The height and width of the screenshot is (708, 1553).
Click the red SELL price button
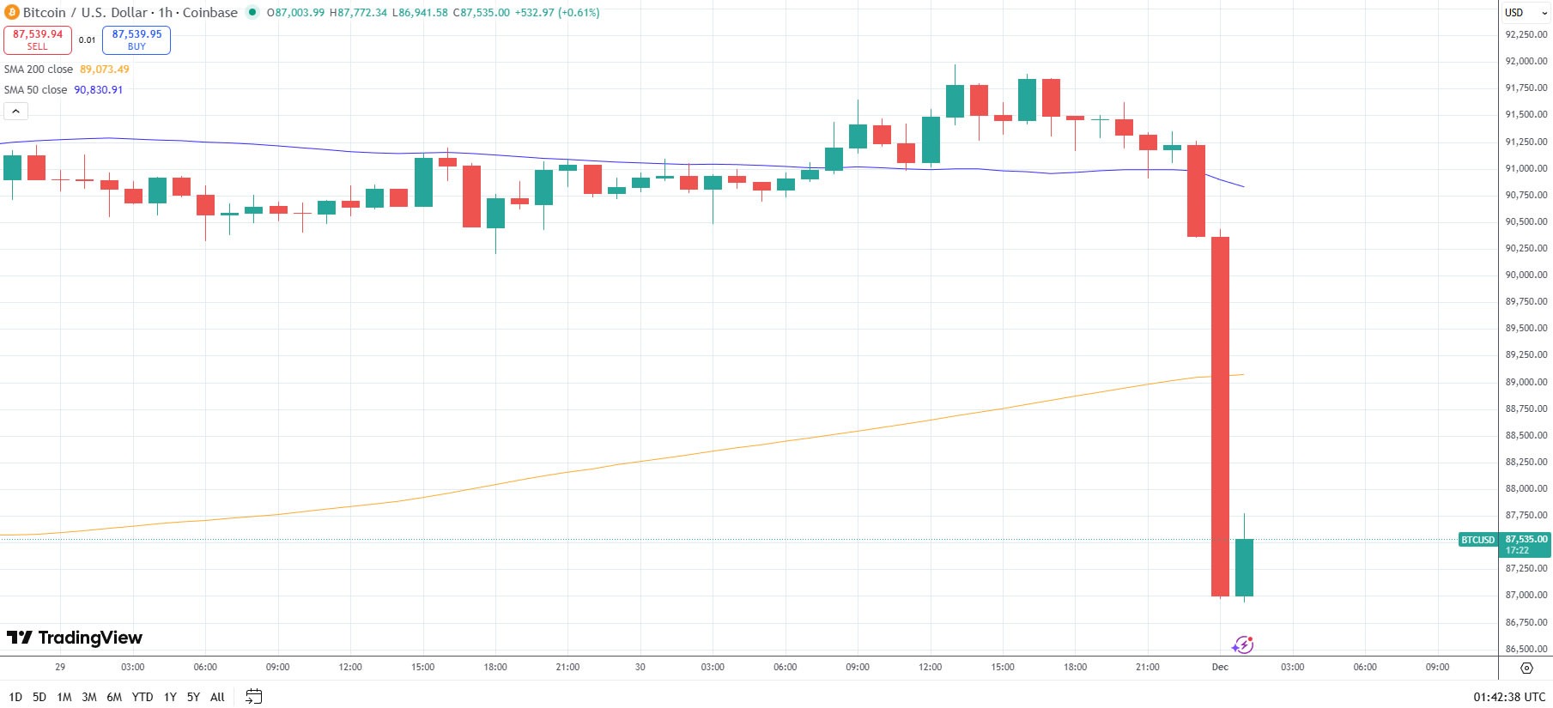[38, 39]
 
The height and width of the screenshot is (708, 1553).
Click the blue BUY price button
[136, 39]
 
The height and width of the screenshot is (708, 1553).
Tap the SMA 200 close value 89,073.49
[105, 70]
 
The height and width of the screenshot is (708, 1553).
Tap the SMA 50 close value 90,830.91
[98, 90]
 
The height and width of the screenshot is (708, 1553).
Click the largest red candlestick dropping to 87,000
[1220, 416]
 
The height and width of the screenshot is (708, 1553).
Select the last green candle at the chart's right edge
[1244, 567]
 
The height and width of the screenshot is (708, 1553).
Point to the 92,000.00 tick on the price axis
[1526, 61]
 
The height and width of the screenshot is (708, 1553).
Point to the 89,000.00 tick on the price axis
[1526, 382]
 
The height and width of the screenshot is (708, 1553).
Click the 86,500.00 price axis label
[1526, 649]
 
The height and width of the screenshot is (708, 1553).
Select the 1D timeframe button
[15, 697]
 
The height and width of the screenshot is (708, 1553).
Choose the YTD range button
[143, 697]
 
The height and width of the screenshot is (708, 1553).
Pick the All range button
[217, 697]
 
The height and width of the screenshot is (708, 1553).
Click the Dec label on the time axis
[1220, 667]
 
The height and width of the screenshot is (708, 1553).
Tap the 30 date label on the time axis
[640, 667]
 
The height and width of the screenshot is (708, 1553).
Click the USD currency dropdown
[1526, 13]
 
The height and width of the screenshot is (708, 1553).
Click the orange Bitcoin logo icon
[12, 13]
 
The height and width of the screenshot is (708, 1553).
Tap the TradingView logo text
[76, 638]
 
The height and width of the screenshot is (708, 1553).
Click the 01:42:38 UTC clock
[1509, 697]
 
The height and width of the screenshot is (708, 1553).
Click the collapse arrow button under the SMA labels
[15, 112]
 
